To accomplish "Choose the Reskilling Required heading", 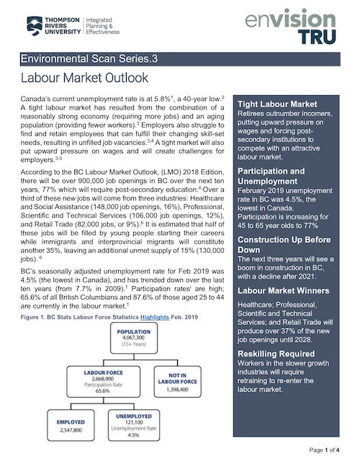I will (x=276, y=354).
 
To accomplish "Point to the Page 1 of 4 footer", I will (x=329, y=450).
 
